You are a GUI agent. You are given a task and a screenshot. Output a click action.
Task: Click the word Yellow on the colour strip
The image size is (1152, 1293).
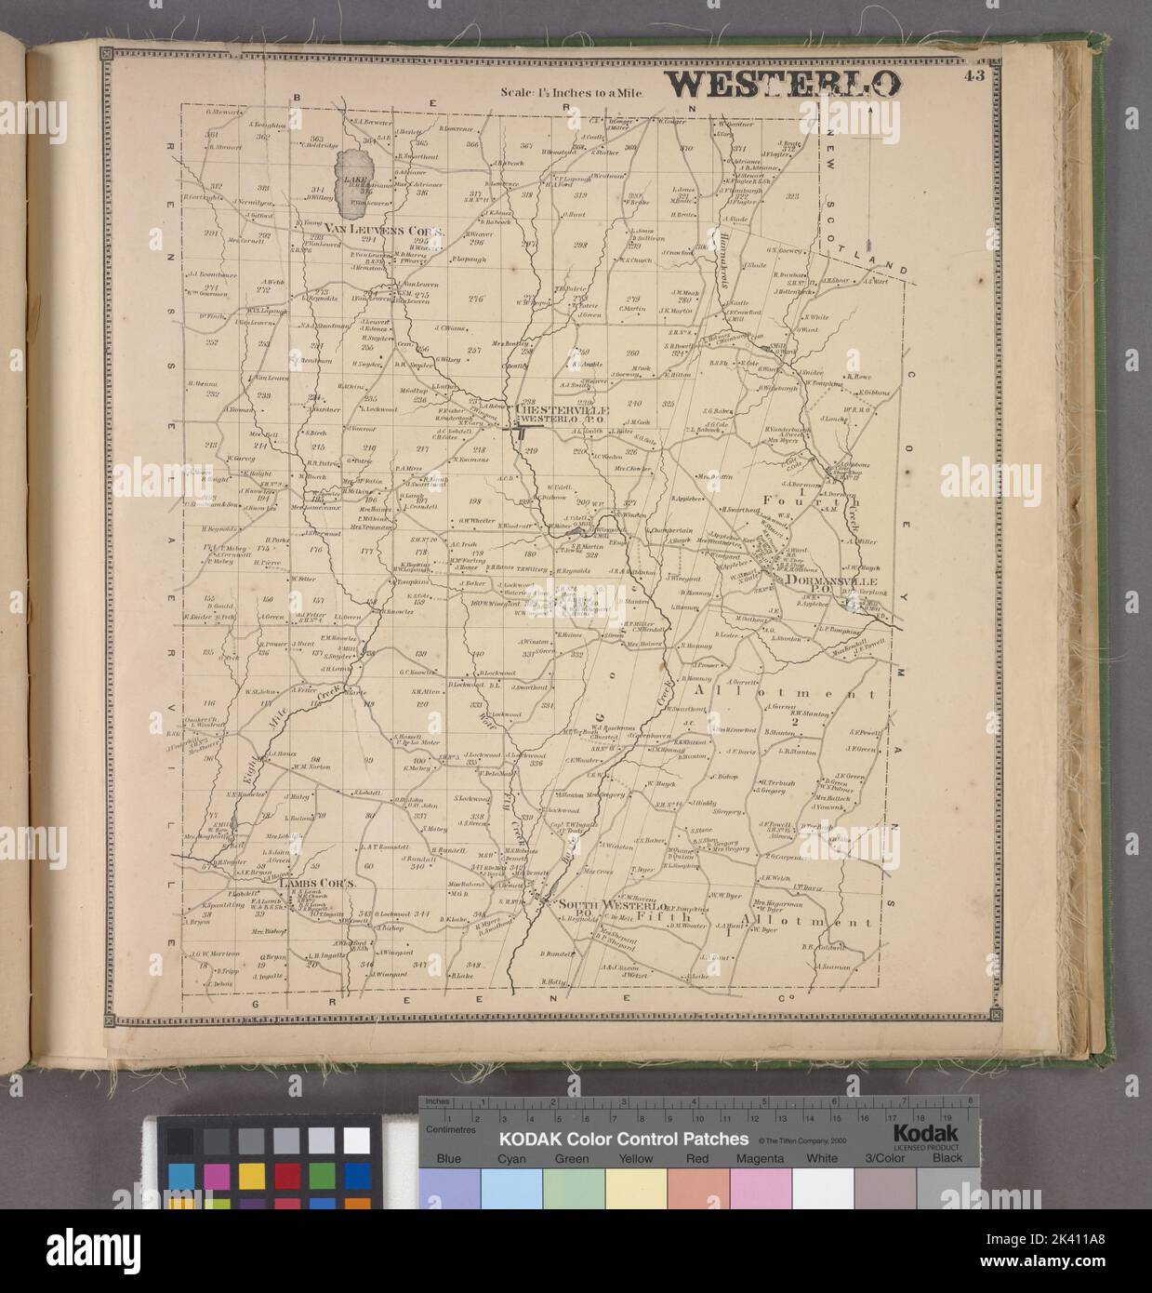636,1158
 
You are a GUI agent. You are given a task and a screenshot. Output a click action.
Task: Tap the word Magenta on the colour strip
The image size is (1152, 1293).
761,1158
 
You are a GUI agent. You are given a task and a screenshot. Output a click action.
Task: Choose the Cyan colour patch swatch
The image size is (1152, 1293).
511,1186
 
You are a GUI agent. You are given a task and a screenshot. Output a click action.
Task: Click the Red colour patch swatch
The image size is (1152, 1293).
698,1186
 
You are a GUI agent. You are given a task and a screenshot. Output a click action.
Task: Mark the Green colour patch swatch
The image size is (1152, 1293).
574,1186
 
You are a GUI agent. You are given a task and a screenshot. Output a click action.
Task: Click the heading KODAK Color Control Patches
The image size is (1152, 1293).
624,1139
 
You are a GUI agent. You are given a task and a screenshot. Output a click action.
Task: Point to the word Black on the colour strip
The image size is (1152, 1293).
948,1158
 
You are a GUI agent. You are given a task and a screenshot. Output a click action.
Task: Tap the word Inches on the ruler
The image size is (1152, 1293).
437,1101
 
